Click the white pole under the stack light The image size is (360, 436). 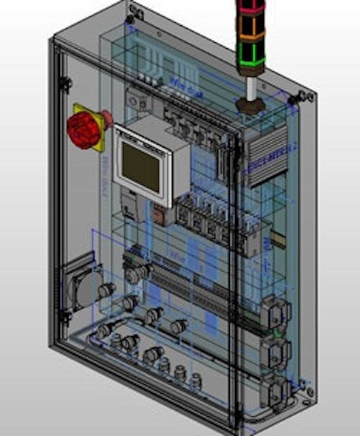(251, 87)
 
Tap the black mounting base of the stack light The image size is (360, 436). (251, 103)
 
